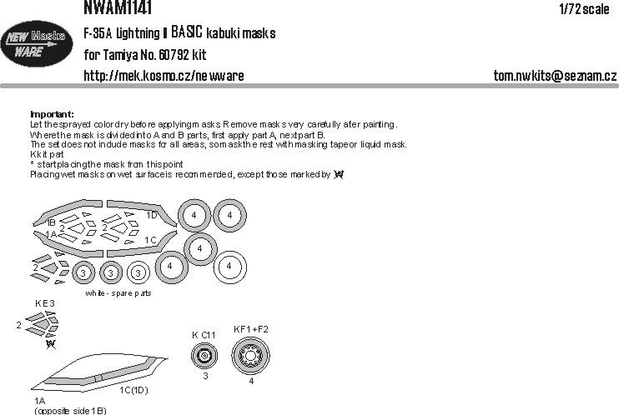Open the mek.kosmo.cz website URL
pos(164,76)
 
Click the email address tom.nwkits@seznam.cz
pos(555,76)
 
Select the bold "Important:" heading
pos(52,113)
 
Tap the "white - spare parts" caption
pos(118,294)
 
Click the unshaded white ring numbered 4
pos(230,267)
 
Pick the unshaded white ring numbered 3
pos(138,272)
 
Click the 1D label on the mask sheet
pos(152,214)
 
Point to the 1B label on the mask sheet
pos(51,223)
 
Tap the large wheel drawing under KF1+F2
pos(251,358)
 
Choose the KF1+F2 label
pos(251,329)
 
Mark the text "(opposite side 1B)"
pos(70,410)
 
